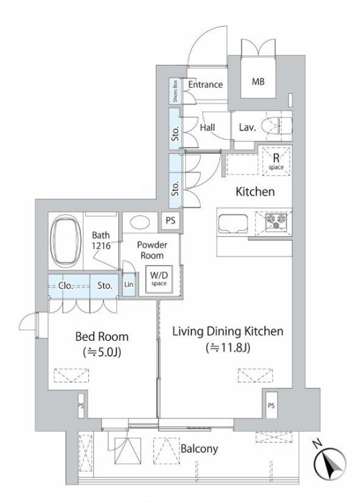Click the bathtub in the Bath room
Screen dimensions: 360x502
pos(66,241)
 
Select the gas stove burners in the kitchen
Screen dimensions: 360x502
pos(276,222)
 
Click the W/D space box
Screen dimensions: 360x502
pos(159,279)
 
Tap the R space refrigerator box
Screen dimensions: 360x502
pos(276,161)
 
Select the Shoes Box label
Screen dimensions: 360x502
pos(175,91)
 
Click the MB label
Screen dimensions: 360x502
pos(258,82)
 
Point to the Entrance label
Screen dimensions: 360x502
pos(205,84)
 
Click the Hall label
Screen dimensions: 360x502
pos(207,127)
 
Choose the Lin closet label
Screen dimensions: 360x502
pos(128,284)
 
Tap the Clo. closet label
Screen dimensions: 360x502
pos(66,285)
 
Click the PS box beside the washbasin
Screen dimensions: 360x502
pos(171,221)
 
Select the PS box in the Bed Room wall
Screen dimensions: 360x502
pos(81,406)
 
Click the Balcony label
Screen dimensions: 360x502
pos(199,449)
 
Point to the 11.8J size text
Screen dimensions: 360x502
pos(228,347)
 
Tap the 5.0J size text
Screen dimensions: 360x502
pos(102,352)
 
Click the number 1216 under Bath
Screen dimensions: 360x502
pos(101,246)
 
